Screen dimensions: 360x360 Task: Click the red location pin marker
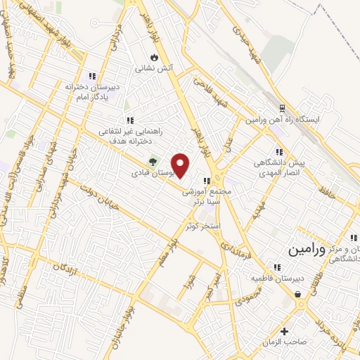[x=181, y=167]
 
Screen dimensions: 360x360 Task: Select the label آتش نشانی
[x=153, y=69]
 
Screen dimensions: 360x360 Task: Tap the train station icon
[x=282, y=108]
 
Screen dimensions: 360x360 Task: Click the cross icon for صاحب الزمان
[x=285, y=331]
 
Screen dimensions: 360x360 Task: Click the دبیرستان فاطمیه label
[x=278, y=278]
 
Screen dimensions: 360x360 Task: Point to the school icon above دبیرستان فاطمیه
[x=278, y=266]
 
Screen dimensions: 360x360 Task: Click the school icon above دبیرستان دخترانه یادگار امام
[x=91, y=76]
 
